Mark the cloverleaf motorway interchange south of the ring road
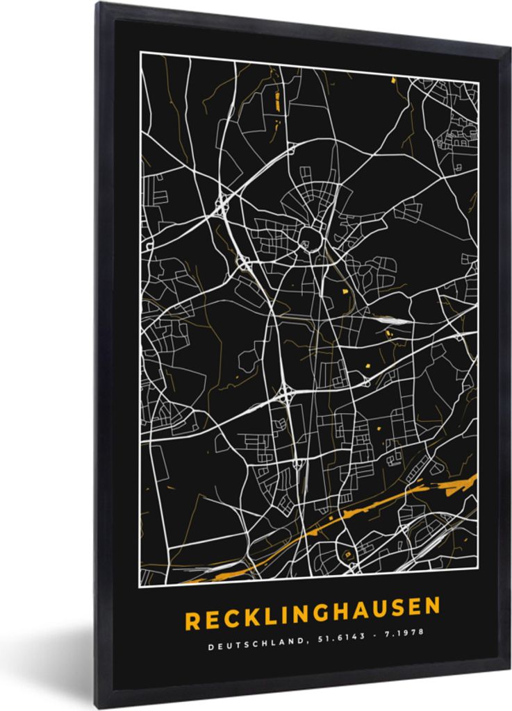coord(286,398)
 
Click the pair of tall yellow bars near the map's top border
coord(277,101)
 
